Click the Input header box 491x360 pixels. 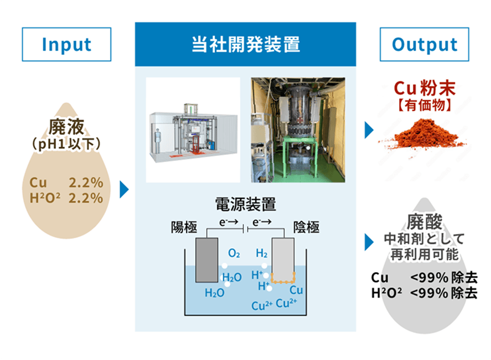[x=66, y=44]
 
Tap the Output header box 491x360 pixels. [x=425, y=44]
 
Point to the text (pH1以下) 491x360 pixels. [x=66, y=144]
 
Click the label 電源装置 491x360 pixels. [x=245, y=205]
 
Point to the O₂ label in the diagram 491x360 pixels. [x=234, y=254]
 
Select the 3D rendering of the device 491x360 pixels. [x=193, y=129]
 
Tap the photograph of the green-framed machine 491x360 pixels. [x=297, y=129]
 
